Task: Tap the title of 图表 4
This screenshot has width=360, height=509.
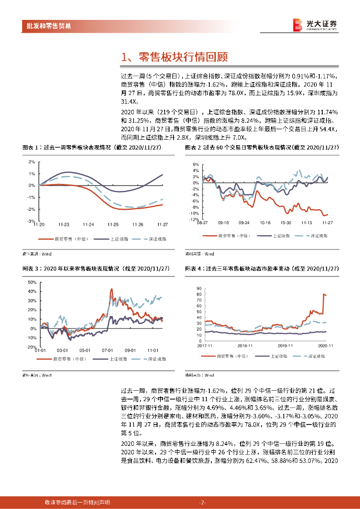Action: [x=261, y=268]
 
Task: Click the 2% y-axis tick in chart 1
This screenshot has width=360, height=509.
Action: [x=31, y=162]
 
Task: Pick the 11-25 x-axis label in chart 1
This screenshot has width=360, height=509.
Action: [x=113, y=224]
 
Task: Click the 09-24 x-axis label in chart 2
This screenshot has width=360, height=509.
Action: [x=244, y=223]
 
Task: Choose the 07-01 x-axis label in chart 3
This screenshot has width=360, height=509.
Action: [x=108, y=350]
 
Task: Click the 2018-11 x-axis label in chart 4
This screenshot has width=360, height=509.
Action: [x=245, y=344]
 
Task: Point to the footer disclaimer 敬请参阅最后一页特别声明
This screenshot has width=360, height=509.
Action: [x=77, y=502]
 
